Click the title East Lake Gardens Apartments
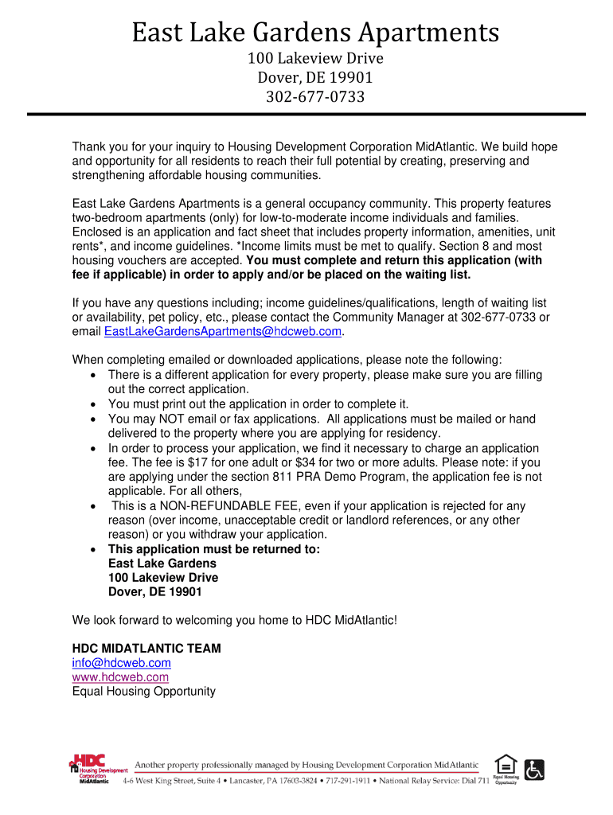click(x=315, y=33)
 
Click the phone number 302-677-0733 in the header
click(x=315, y=97)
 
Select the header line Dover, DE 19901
click(x=315, y=78)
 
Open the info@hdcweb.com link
click(x=121, y=663)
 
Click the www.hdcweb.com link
click(x=120, y=677)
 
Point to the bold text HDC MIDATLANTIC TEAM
click(x=146, y=649)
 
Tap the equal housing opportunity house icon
click(x=506, y=764)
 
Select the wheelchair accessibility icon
click(x=534, y=769)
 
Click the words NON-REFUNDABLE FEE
click(x=221, y=506)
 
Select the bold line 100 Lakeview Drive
click(x=162, y=578)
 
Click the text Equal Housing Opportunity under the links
click(x=143, y=692)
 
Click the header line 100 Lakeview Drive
click(x=315, y=59)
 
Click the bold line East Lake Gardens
click(x=162, y=563)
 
